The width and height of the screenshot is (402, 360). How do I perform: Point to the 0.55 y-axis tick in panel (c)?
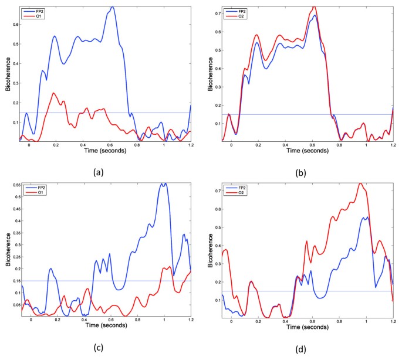click(x=12, y=185)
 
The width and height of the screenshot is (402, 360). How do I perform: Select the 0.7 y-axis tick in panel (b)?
click(x=217, y=12)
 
